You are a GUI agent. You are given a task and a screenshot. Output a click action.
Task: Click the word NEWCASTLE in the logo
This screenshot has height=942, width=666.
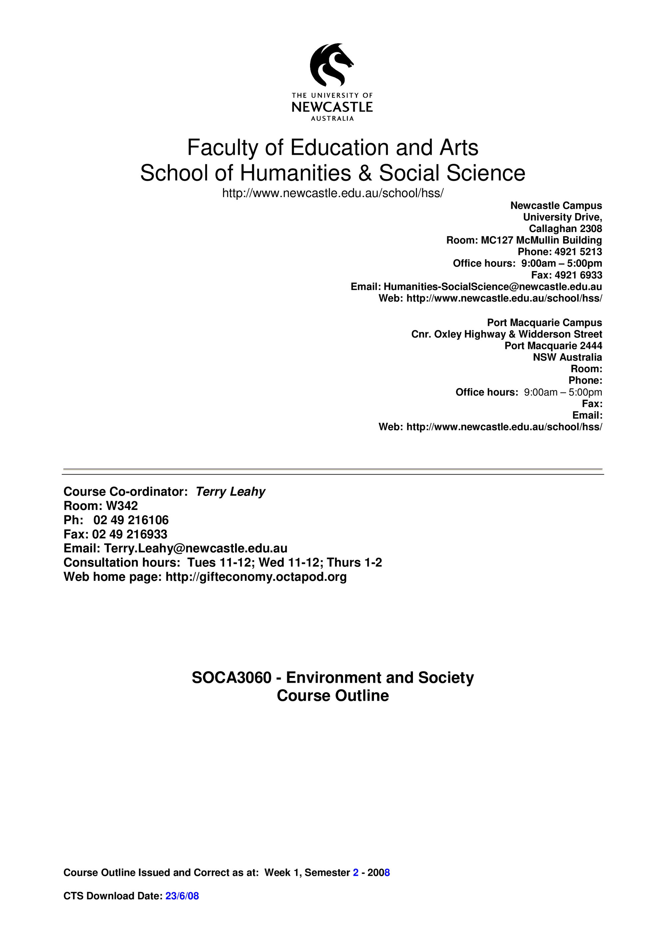click(332, 107)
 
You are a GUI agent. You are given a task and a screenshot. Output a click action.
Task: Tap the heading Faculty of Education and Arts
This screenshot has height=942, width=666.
click(332, 148)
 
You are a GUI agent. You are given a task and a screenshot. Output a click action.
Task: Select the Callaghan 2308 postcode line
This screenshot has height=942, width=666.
click(565, 229)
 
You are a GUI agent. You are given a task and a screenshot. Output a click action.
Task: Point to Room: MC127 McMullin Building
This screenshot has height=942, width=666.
click(524, 240)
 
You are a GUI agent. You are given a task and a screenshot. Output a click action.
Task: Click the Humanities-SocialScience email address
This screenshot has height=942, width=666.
click(493, 286)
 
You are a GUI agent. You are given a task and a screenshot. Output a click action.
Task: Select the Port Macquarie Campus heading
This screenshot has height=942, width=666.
click(544, 323)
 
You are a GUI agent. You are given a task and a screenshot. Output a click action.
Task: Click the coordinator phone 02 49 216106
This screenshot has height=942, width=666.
click(131, 520)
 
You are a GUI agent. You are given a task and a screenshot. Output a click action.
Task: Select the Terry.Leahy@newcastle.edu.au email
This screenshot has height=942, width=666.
click(196, 548)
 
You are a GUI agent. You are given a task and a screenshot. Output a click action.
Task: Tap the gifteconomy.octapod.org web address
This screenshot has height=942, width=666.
click(256, 577)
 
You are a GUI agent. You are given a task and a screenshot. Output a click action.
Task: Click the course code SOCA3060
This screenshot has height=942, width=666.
click(231, 677)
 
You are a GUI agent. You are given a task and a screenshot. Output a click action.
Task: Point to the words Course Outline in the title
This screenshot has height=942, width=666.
click(332, 695)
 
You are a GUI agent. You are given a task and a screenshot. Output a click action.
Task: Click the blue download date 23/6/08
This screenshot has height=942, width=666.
click(182, 907)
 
